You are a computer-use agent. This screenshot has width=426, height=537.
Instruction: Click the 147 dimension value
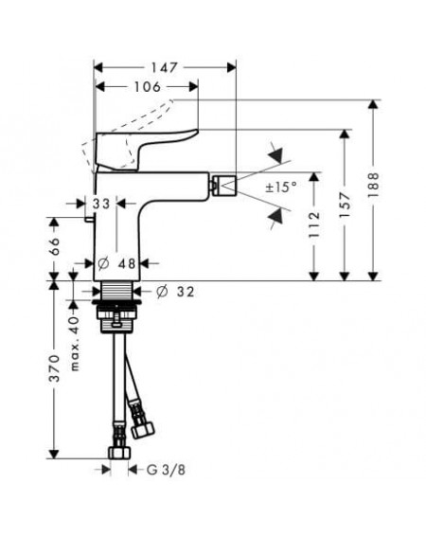(165, 68)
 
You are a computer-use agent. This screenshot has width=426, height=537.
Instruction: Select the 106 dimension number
(148, 87)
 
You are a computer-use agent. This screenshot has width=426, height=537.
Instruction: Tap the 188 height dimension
(373, 186)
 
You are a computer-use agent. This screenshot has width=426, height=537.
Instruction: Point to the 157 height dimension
(345, 205)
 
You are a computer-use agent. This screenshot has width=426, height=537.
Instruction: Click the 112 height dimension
(314, 225)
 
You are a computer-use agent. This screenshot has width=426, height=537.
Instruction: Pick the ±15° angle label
(281, 187)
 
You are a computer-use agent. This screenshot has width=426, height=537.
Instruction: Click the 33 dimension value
(101, 204)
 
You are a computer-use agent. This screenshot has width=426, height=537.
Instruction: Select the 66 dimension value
(54, 246)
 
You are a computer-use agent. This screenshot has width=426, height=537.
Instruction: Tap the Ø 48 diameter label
(116, 263)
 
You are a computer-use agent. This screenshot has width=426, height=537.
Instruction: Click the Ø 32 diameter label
(175, 292)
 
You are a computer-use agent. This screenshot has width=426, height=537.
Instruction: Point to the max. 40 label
(75, 344)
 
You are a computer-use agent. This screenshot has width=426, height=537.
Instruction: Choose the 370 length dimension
(54, 368)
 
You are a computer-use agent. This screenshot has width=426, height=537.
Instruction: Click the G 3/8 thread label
(166, 470)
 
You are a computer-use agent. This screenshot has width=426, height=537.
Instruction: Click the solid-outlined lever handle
(144, 150)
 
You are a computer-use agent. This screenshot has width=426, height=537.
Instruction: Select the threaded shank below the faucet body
(117, 291)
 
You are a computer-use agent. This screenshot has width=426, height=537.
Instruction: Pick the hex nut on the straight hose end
(119, 453)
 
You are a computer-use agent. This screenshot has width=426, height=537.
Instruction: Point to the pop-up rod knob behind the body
(90, 220)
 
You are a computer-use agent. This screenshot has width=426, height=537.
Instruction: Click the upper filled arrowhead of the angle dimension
(276, 155)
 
